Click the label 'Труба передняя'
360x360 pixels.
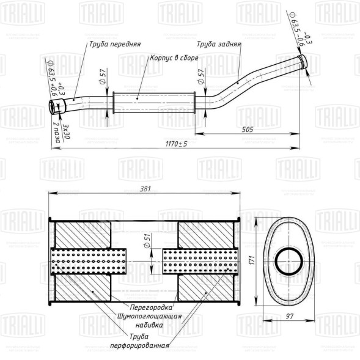click(x=115, y=45)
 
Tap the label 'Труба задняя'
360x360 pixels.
click(x=219, y=45)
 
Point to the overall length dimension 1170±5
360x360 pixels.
click(x=176, y=144)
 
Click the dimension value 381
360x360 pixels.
click(x=145, y=189)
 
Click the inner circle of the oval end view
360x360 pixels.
click(x=287, y=261)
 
